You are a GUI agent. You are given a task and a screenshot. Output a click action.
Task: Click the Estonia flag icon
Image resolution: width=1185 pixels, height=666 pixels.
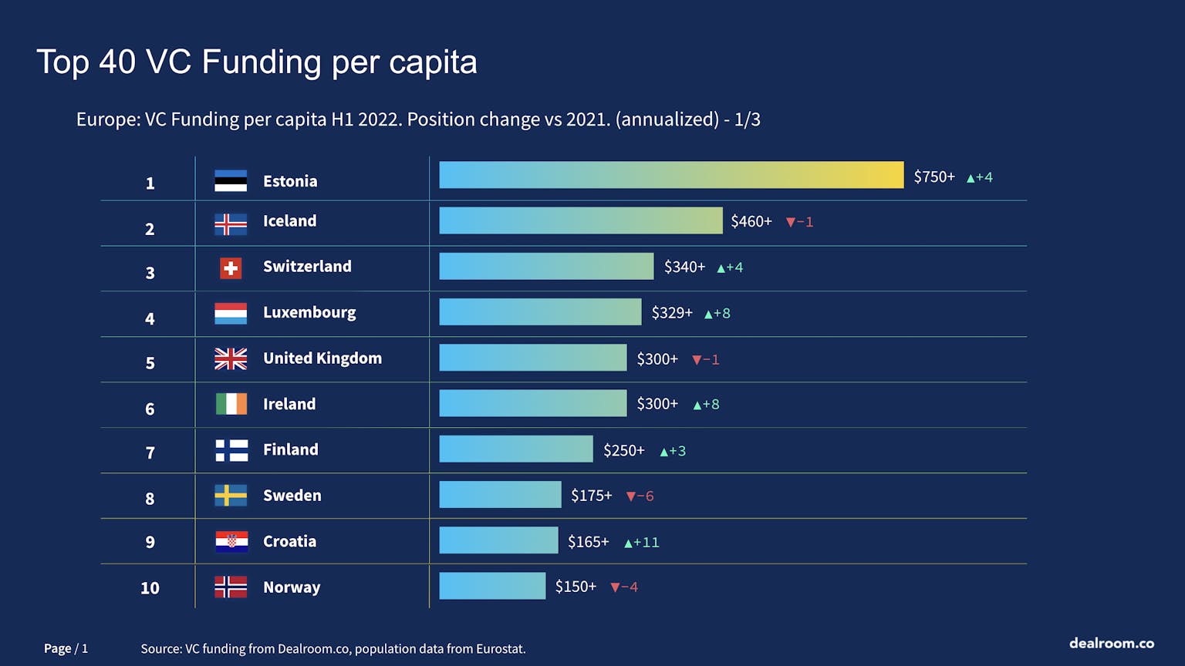(231, 180)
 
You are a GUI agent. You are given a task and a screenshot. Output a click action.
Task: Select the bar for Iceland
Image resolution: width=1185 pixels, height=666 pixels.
(580, 220)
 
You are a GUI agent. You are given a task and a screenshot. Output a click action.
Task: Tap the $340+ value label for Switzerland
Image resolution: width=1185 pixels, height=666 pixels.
(684, 267)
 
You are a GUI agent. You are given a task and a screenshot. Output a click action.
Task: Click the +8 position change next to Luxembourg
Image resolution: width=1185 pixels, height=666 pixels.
(717, 313)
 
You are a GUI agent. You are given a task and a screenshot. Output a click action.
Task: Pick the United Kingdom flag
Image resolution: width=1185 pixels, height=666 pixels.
(231, 358)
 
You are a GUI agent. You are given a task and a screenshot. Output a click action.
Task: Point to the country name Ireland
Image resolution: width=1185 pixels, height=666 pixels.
(289, 404)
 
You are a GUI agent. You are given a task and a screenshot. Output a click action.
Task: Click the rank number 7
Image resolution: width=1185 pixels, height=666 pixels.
(150, 452)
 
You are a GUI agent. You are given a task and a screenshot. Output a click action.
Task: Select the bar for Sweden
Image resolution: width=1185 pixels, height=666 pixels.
(500, 495)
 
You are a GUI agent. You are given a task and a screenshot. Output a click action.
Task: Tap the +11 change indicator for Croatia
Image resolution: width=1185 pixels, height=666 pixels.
(642, 542)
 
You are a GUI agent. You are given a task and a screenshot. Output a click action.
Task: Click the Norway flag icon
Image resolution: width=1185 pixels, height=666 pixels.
(231, 587)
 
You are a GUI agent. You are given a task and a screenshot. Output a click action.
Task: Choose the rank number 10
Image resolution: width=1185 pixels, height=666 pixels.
(150, 587)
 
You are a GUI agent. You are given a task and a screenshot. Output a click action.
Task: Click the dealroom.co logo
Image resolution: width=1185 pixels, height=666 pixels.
(1111, 643)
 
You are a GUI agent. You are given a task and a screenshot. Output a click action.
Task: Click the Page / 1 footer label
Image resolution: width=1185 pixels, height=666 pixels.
(66, 648)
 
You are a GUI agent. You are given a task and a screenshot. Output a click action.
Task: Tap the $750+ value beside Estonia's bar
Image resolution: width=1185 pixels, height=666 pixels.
(934, 177)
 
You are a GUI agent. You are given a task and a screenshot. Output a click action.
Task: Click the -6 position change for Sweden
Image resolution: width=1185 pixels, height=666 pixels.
(640, 496)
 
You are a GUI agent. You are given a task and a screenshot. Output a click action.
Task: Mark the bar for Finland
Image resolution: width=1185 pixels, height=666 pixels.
(515, 449)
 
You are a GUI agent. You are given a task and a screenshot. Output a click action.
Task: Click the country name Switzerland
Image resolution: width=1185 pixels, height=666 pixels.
(307, 266)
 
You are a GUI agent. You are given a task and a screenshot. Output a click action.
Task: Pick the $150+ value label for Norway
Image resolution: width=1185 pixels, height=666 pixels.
(576, 587)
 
